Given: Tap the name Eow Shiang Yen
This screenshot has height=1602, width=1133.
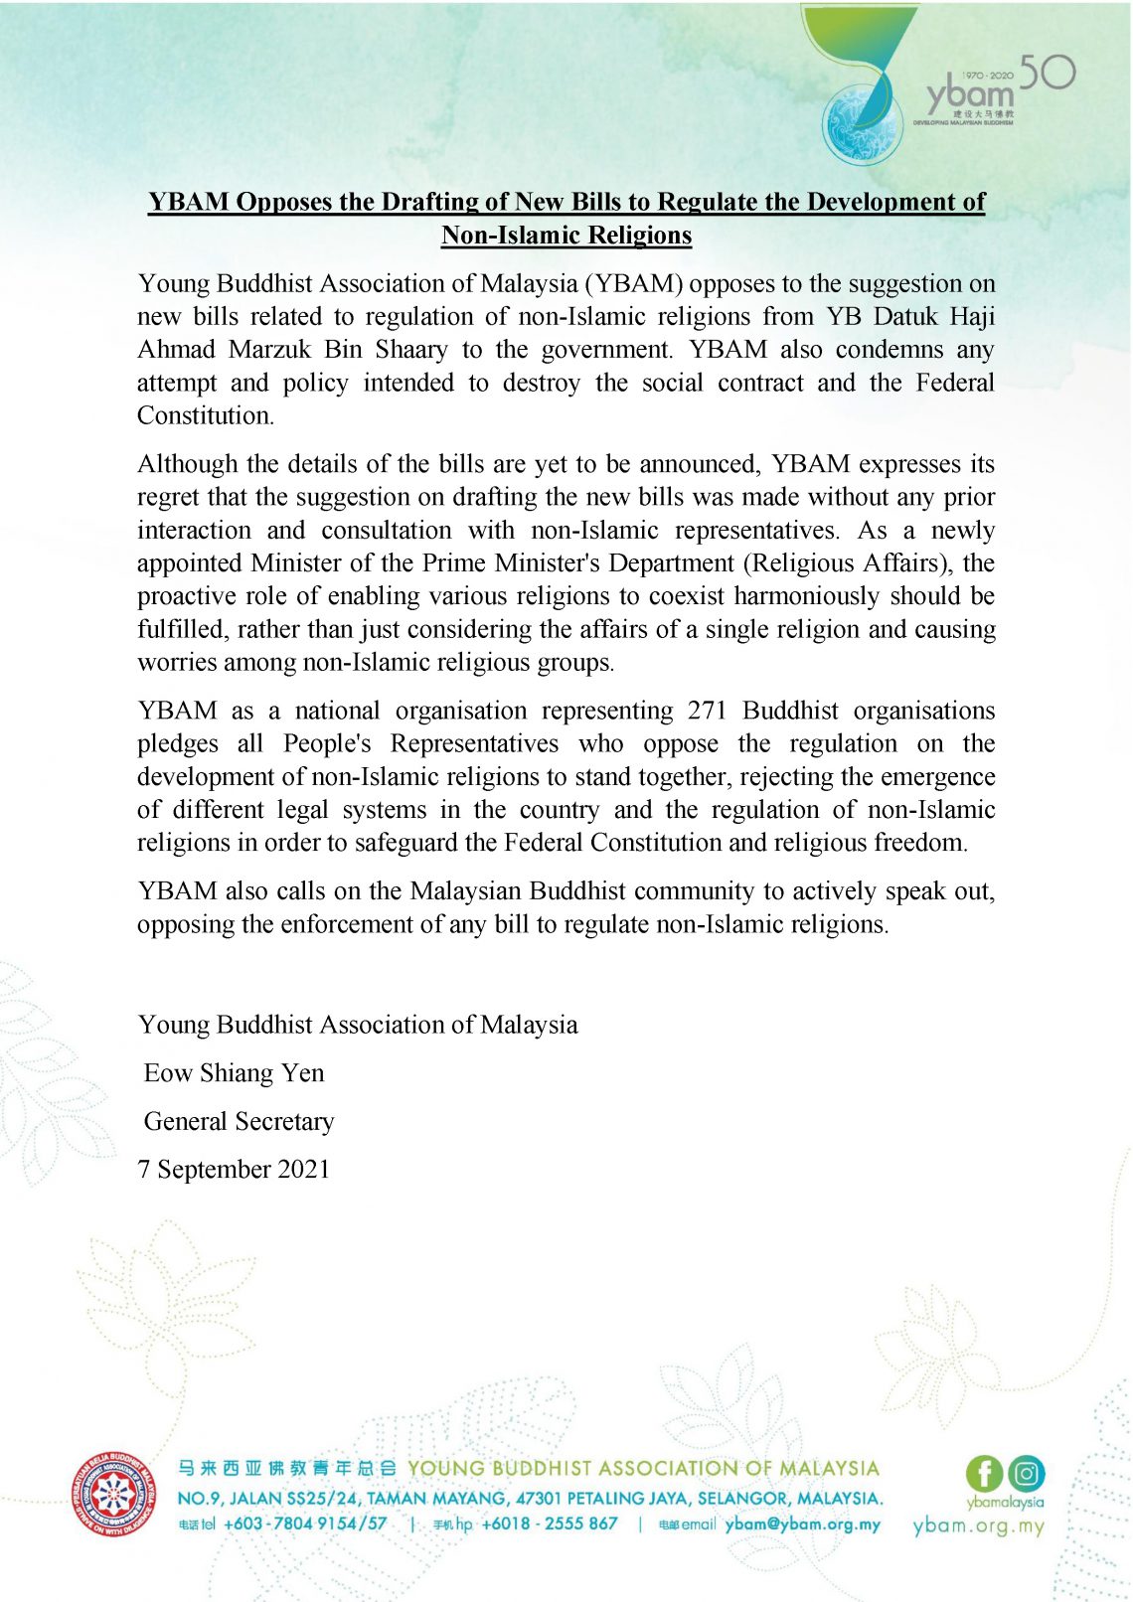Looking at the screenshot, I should point(234,1073).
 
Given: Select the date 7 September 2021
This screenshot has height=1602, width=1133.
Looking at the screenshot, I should point(234,1169).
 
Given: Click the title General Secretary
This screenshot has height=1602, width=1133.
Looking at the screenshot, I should point(239,1121).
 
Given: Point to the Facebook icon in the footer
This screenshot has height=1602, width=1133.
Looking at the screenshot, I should point(984,1473).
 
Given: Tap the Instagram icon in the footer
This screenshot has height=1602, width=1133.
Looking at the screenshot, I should point(1027,1473).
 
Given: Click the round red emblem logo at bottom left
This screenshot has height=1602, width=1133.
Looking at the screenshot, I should point(112,1496).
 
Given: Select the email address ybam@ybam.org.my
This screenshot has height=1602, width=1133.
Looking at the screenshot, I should point(802,1523).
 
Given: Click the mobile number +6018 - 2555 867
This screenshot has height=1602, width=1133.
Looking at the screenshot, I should point(549,1523).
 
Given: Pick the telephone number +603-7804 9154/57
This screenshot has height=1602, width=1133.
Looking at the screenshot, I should point(305,1523).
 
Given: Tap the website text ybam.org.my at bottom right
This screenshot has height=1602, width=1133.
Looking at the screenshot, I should point(978,1526).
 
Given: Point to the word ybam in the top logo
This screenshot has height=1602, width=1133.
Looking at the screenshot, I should point(969,93).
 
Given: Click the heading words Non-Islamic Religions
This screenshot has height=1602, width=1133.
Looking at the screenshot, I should point(566,236).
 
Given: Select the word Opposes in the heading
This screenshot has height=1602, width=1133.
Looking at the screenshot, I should point(283,202).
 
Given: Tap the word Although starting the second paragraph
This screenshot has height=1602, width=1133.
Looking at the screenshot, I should point(187,464).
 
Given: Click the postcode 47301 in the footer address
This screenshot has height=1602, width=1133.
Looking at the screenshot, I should point(539,1498).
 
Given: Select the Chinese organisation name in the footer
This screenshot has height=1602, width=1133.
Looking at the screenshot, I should point(287,1468).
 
